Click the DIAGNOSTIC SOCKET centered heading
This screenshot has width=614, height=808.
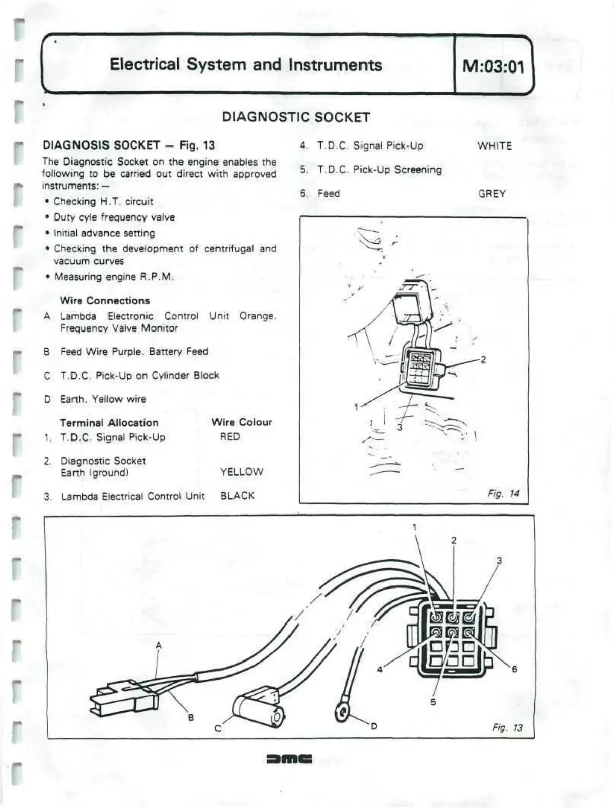pyautogui.click(x=296, y=117)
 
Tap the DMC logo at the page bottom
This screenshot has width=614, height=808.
pyautogui.click(x=289, y=759)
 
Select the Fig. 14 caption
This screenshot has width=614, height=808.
pyautogui.click(x=503, y=493)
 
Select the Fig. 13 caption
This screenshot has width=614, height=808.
pyautogui.click(x=507, y=728)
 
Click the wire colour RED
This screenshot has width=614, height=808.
pyautogui.click(x=230, y=437)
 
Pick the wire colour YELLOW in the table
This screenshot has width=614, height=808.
pyautogui.click(x=241, y=472)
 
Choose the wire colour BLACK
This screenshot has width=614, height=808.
pyautogui.click(x=237, y=496)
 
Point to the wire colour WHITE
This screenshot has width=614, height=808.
pyautogui.click(x=494, y=146)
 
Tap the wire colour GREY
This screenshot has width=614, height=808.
pyautogui.click(x=492, y=194)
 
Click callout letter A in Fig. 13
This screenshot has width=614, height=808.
pyautogui.click(x=159, y=645)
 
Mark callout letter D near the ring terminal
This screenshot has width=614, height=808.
pyautogui.click(x=374, y=726)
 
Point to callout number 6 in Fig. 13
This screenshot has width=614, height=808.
pyautogui.click(x=514, y=669)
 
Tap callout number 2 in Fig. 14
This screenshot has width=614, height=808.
pyautogui.click(x=483, y=359)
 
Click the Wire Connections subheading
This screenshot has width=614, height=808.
pyautogui.click(x=105, y=301)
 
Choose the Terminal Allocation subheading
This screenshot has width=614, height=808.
pyautogui.click(x=109, y=423)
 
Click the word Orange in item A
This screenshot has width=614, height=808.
pyautogui.click(x=258, y=316)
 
